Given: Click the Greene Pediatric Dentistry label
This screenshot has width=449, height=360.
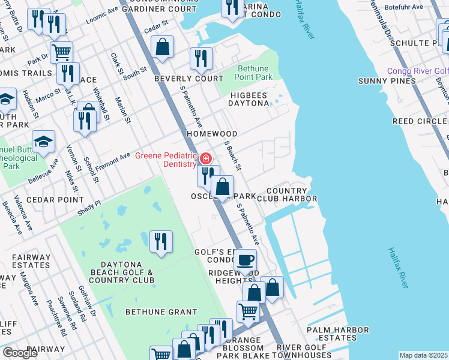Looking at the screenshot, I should [166, 160].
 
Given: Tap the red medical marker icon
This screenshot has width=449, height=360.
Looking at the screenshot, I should [206, 159].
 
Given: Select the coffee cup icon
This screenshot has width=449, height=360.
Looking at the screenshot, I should [245, 261].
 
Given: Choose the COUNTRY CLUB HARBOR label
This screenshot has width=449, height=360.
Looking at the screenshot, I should [287, 194].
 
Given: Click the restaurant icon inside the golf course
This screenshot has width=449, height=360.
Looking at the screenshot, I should [161, 242].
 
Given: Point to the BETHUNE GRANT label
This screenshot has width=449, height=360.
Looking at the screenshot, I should [161, 312].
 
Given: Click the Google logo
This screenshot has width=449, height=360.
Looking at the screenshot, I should [20, 353].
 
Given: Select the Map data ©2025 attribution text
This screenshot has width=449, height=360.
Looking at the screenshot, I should [423, 355].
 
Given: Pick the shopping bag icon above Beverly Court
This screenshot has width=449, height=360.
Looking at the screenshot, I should [162, 47].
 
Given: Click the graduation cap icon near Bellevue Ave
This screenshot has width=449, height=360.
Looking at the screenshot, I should [43, 142].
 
